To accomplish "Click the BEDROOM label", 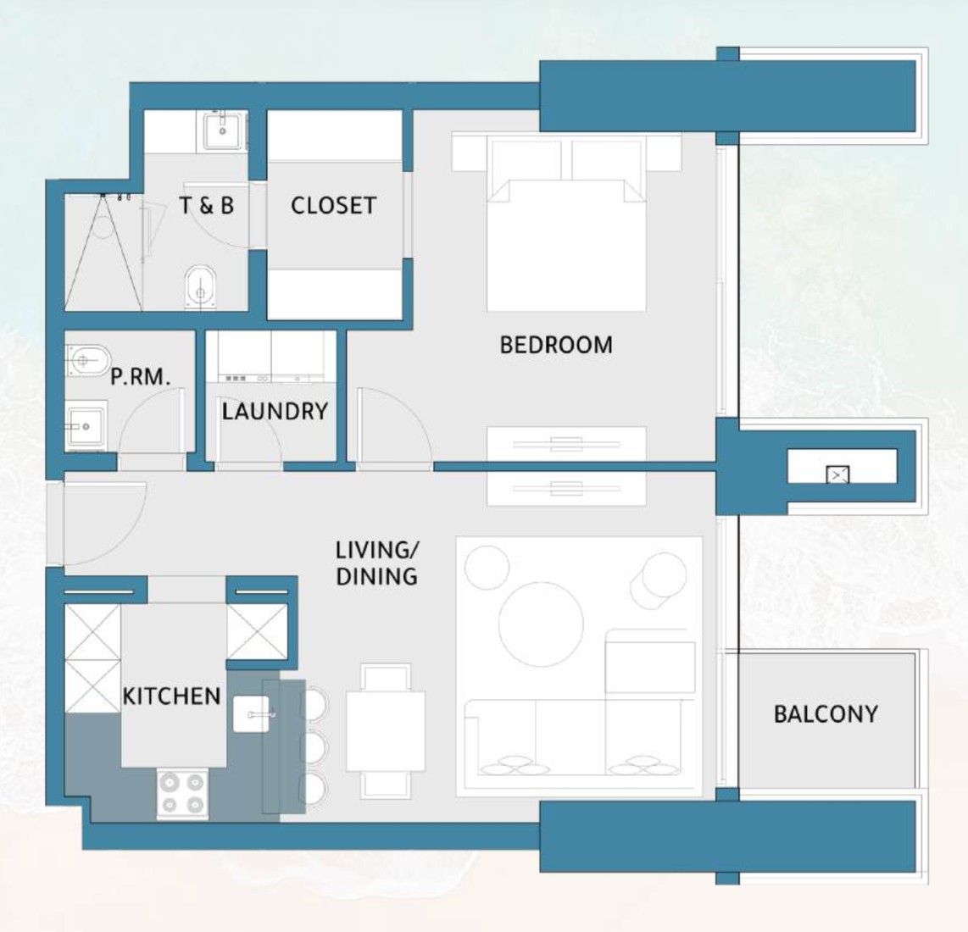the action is point(555,344).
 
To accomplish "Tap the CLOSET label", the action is point(333,206).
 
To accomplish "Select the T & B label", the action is point(206,206).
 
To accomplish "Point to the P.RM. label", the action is point(140,376).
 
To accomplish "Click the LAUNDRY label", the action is point(275,411).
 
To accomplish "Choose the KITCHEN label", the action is point(171,696).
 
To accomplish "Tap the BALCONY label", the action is point(826,714).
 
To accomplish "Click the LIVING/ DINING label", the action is point(377,563).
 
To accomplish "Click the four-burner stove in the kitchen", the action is point(182,794).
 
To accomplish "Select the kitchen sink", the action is point(251,714).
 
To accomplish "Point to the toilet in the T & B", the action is point(200,286).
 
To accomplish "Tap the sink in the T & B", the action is point(223,130).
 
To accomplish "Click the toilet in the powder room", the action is point(87,360).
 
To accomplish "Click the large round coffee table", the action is point(541,624).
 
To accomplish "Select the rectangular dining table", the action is point(386,731).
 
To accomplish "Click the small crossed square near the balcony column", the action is point(837,474).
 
